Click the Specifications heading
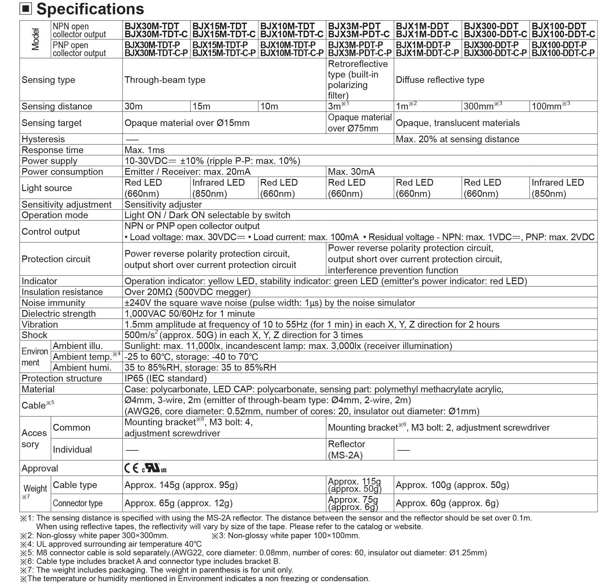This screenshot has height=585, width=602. point(90,9)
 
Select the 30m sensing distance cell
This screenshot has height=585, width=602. point(133,106)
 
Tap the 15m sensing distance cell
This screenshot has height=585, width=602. point(201,106)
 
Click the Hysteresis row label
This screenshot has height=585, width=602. point(43,139)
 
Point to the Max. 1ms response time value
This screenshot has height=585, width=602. point(145,150)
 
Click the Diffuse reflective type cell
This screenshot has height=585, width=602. point(440,80)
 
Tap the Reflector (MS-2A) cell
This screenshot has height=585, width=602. point(346,449)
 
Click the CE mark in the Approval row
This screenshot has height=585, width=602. point(131,468)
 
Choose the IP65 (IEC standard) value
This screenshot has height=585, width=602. point(165,378)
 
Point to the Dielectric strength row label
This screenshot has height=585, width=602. point(58,314)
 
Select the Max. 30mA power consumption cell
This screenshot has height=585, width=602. point(351,172)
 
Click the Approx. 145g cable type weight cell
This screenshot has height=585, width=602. point(181,485)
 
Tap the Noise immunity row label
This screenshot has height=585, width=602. point(53,303)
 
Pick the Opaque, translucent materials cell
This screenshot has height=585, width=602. point(457,123)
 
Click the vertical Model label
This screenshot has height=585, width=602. point(35,39)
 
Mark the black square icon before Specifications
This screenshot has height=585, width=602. point(26,9)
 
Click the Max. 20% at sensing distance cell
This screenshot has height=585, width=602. point(457,139)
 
